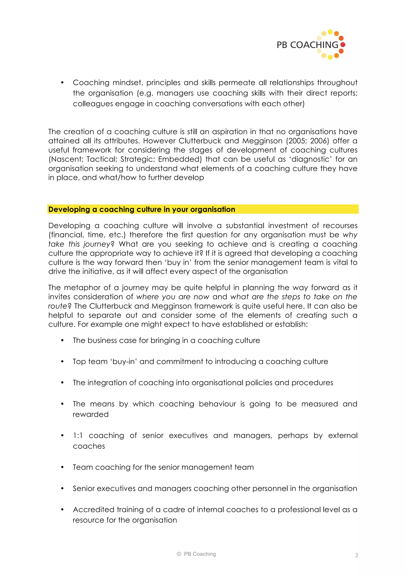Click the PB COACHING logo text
click(307, 45)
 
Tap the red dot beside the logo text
click(343, 45)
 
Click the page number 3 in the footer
click(356, 555)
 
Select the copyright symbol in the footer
click(179, 554)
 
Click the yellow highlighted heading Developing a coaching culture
click(142, 209)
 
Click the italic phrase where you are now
click(173, 297)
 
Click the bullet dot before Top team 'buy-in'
click(62, 362)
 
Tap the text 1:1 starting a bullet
click(78, 436)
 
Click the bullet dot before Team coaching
click(62, 467)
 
